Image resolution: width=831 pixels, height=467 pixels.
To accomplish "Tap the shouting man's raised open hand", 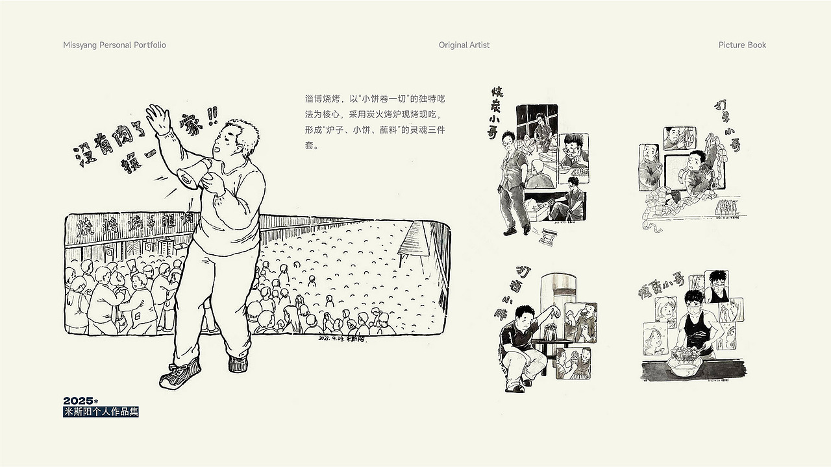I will point(158,119).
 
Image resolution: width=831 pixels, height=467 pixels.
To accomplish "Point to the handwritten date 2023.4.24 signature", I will point(342,338).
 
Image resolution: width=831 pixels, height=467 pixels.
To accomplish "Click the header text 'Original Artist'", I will point(464,45).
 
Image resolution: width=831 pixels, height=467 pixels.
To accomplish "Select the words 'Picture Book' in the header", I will point(742,45).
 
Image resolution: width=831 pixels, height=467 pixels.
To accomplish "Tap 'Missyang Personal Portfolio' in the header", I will point(115,45).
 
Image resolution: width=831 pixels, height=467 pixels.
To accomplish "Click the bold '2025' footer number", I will point(79,401).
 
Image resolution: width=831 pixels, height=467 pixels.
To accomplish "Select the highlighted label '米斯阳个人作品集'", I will point(101,412).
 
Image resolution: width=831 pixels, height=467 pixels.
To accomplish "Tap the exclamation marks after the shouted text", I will point(210,116).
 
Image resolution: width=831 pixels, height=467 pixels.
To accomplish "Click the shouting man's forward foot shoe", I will point(179,377).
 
